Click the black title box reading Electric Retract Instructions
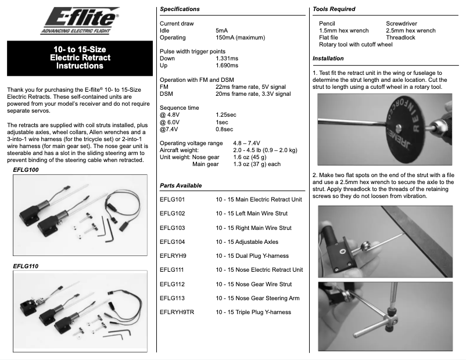80,58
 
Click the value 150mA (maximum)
240,37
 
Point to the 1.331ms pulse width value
227,59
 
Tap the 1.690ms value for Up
227,66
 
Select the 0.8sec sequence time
225,129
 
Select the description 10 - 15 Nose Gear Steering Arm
257,298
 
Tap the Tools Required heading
334,9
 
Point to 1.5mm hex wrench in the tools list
344,30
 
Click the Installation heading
328,59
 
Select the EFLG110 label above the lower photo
25,266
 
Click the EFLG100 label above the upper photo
25,170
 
